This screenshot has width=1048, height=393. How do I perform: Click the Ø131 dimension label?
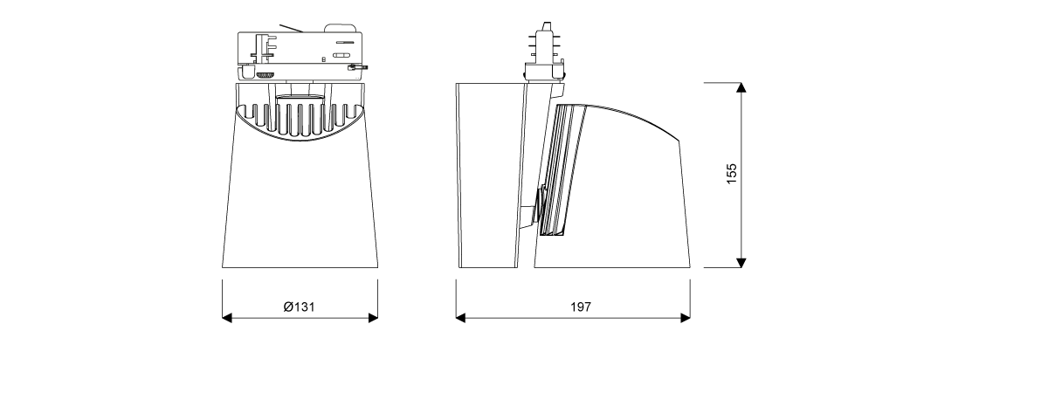(299, 307)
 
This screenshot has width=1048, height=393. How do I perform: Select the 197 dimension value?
(581, 307)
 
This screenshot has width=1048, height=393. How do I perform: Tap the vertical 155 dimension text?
(731, 174)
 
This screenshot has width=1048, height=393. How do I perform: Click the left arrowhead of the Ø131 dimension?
(227, 318)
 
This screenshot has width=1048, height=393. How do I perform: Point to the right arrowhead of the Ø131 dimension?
(373, 318)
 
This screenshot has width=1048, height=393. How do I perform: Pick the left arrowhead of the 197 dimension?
(461, 318)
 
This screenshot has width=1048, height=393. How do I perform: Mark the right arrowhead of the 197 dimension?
(686, 318)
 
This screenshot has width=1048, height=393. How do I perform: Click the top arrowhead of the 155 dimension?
(741, 87)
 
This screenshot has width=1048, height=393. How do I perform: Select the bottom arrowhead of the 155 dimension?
(741, 263)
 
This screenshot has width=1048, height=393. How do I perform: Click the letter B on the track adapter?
(323, 59)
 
